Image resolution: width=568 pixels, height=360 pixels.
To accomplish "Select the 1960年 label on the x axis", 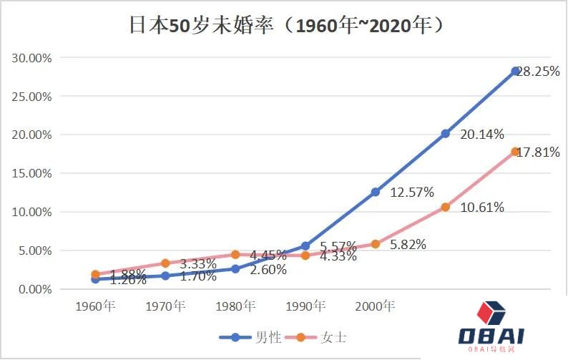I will (x=96, y=306).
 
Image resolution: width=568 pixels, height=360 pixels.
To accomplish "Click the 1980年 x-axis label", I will (x=235, y=306).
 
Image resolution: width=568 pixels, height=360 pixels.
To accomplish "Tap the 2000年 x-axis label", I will (x=375, y=306).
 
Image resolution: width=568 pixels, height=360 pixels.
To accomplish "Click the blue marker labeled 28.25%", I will (x=515, y=71).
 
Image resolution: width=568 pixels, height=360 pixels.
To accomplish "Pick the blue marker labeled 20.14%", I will (x=445, y=133).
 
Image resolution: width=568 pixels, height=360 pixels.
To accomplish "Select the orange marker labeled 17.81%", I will (x=515, y=152).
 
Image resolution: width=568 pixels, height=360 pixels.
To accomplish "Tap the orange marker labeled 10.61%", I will (x=445, y=207).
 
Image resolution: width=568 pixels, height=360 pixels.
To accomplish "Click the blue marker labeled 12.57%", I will (x=375, y=192).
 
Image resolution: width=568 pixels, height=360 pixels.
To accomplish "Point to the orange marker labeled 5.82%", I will (x=375, y=244).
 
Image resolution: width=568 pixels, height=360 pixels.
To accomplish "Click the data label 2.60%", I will (x=268, y=270).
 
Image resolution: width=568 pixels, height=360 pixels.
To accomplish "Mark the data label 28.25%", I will (x=540, y=72).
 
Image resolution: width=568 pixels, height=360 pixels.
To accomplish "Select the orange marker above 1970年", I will (x=165, y=263).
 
